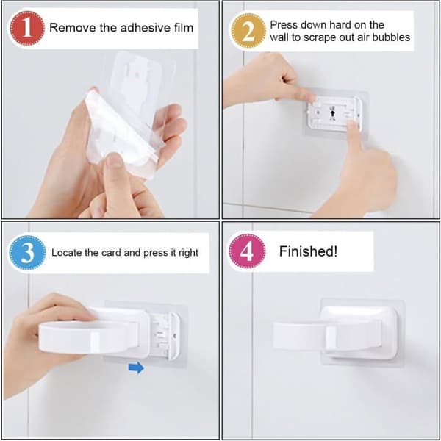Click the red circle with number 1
[27, 29]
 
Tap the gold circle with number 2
[248, 31]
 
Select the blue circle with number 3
[27, 253]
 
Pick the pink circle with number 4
[247, 251]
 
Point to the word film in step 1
[183, 28]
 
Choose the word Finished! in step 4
[308, 251]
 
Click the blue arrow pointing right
[137, 367]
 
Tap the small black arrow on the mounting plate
[333, 114]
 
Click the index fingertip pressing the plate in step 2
[352, 124]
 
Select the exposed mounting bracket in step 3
[166, 336]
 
